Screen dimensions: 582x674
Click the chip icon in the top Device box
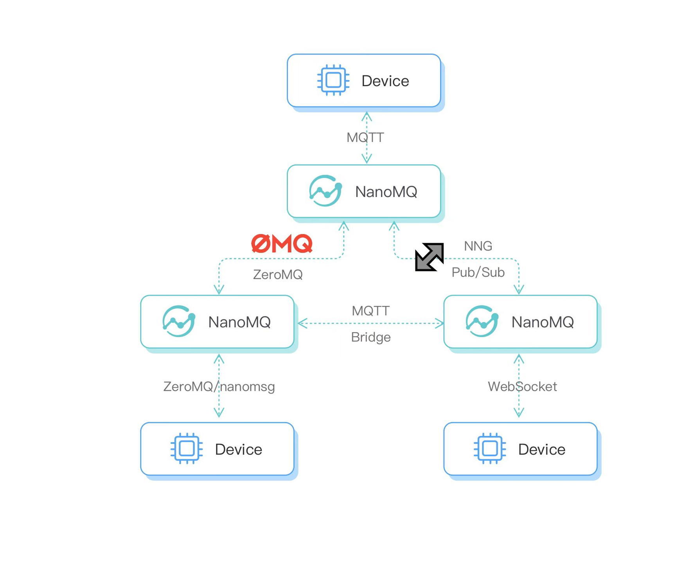coord(333,80)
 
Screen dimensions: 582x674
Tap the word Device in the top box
coord(385,81)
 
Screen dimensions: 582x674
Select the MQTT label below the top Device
coord(365,137)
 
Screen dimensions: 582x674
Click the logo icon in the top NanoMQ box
coord(325,191)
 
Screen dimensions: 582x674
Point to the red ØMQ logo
coord(282,244)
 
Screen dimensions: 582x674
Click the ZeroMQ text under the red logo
coord(278,275)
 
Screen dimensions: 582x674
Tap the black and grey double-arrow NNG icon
coord(429,257)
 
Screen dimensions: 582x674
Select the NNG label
coord(478,246)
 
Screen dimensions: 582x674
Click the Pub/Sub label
coord(478,272)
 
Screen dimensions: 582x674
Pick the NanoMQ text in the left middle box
coord(239,322)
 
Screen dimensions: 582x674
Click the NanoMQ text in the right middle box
coord(542,322)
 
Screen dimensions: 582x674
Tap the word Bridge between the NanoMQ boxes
coord(370,337)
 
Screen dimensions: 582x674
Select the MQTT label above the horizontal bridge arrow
coord(370,311)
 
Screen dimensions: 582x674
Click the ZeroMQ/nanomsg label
coord(219,387)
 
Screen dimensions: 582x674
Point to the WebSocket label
coord(522,387)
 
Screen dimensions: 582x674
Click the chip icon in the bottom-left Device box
coord(187,448)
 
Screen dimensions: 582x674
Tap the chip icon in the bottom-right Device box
coord(489,448)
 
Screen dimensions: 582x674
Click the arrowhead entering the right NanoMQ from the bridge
coord(440,324)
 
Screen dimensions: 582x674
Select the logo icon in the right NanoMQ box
coord(482,321)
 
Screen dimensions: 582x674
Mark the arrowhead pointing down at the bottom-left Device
coord(219,412)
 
